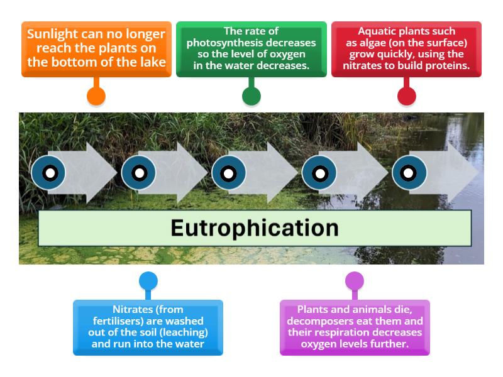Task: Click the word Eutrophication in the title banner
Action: click(255, 227)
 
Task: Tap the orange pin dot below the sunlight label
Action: click(96, 96)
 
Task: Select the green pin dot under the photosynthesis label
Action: click(251, 96)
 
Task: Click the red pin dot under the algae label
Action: click(407, 96)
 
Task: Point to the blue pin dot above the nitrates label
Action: click(148, 281)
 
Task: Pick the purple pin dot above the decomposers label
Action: click(355, 281)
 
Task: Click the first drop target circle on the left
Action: click(49, 173)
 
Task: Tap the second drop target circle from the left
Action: click(139, 173)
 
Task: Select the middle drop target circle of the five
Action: click(229, 173)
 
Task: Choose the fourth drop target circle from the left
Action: click(319, 173)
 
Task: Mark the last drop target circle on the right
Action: click(409, 173)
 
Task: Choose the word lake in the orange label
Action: click(153, 62)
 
